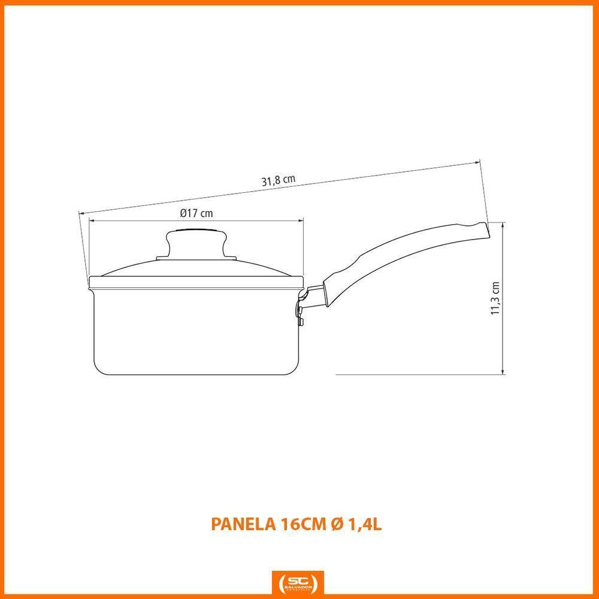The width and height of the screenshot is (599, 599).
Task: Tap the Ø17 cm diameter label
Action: pyautogui.click(x=196, y=213)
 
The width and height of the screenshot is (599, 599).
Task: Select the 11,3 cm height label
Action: pyautogui.click(x=495, y=298)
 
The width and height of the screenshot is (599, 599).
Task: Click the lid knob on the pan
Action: pyautogui.click(x=196, y=243)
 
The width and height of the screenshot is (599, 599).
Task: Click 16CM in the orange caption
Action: pyautogui.click(x=301, y=524)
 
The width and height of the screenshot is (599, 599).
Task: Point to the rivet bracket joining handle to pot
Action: pyautogui.click(x=303, y=305)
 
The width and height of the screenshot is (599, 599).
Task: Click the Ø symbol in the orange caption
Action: pyautogui.click(x=336, y=524)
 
